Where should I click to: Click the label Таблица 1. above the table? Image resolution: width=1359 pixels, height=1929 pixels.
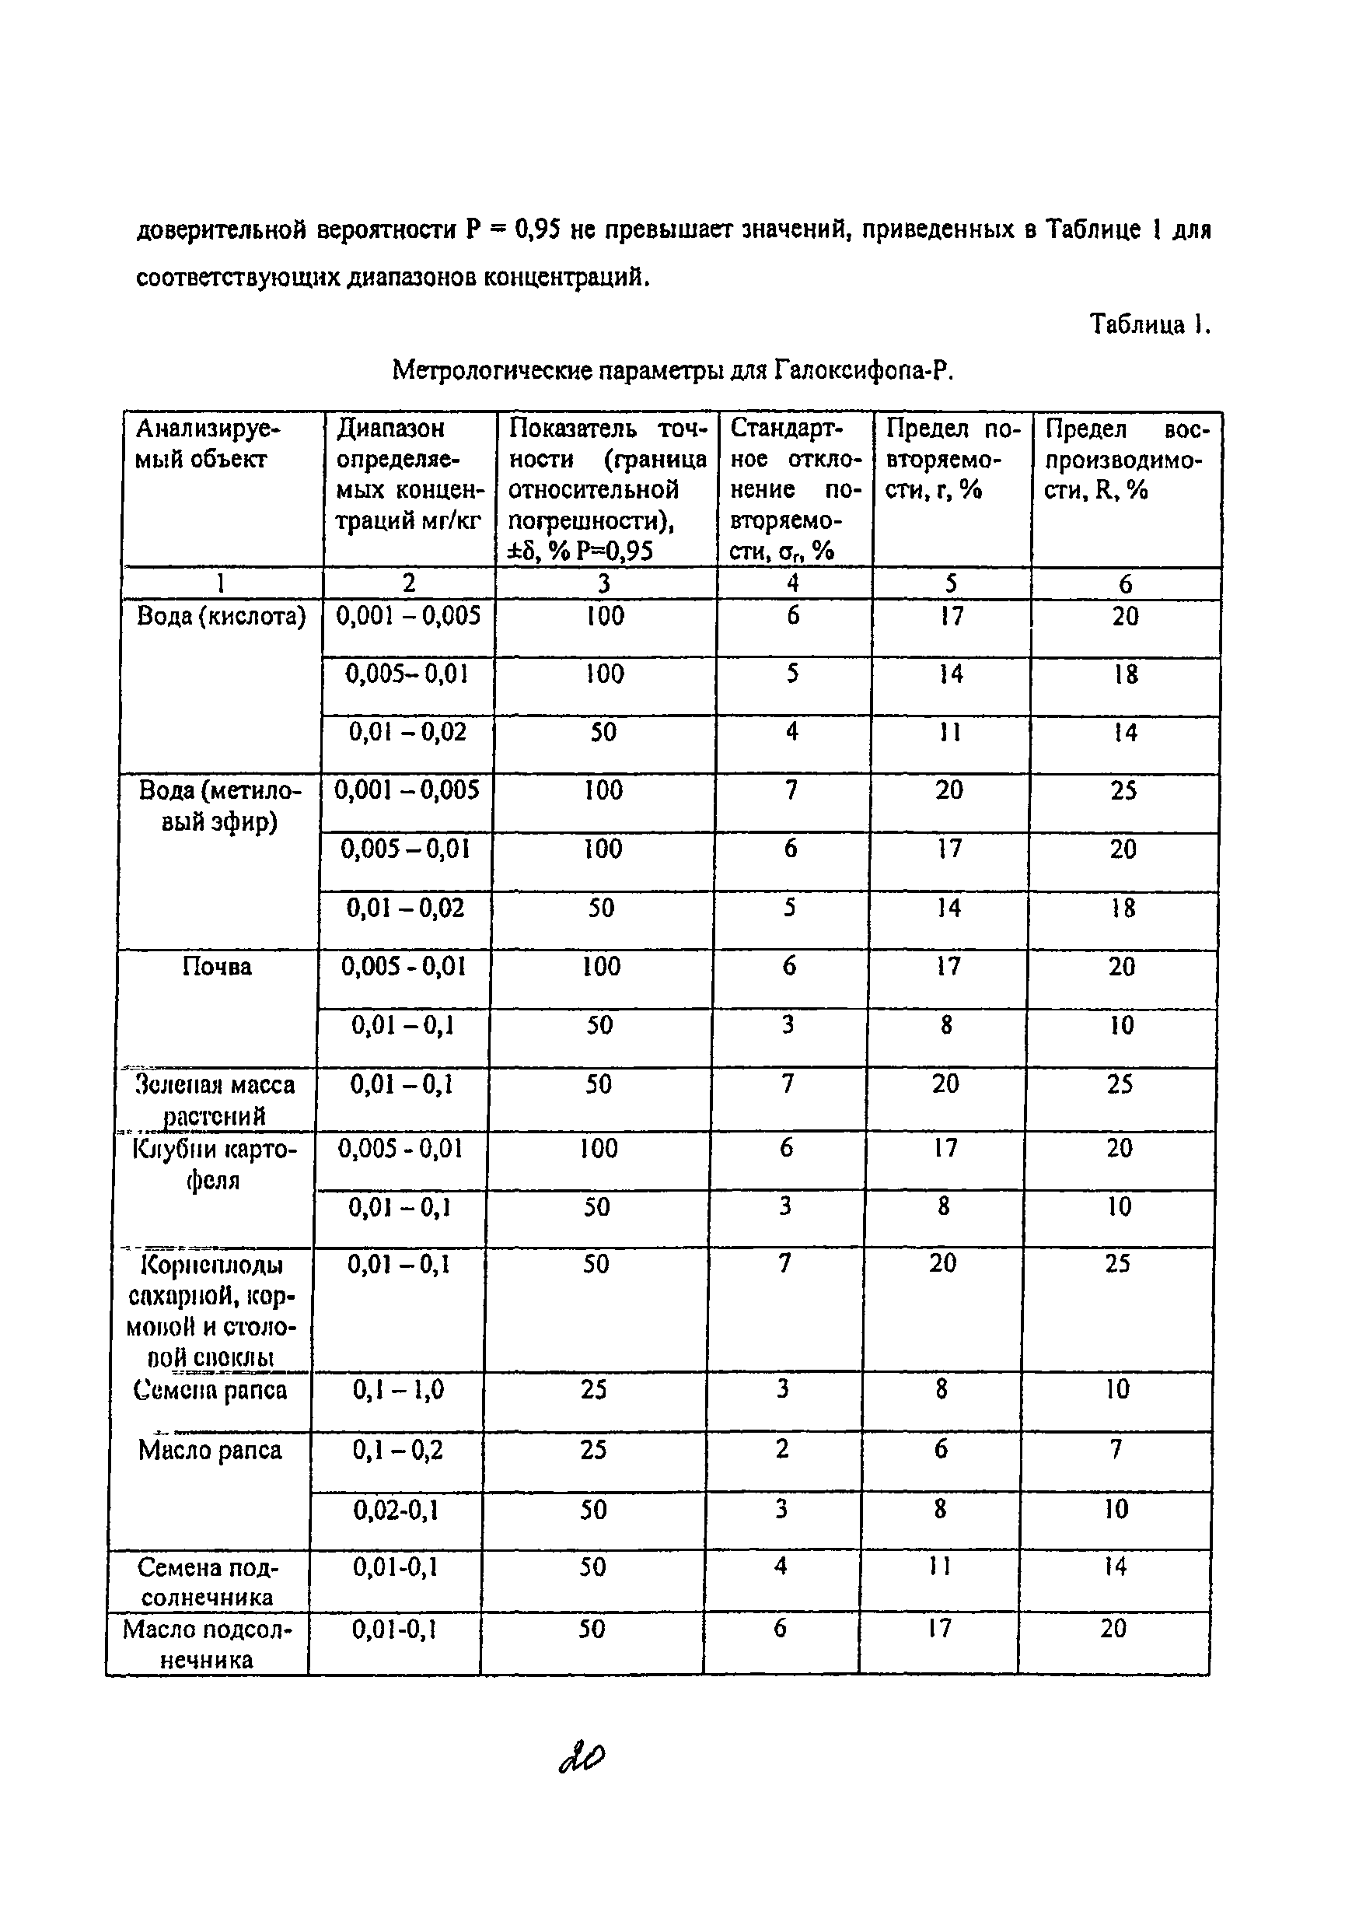(x=1149, y=324)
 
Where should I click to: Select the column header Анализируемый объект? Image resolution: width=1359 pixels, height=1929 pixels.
(x=208, y=444)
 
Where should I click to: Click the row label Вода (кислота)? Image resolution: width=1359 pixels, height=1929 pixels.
(x=221, y=617)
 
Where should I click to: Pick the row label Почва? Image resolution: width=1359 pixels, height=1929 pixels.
(x=217, y=967)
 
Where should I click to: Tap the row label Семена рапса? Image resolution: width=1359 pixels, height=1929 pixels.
(x=210, y=1391)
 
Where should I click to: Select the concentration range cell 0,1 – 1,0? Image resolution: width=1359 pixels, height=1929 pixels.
(x=398, y=1391)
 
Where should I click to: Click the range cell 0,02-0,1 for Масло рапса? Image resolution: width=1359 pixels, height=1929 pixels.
(x=396, y=1511)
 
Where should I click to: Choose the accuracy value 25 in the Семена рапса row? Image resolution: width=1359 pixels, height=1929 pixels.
(x=593, y=1390)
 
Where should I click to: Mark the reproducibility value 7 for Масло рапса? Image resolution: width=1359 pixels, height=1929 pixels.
(x=1116, y=1449)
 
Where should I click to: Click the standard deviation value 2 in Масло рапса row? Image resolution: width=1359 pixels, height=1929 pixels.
(x=782, y=1449)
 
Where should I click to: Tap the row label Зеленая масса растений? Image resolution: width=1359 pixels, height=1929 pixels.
(x=215, y=1100)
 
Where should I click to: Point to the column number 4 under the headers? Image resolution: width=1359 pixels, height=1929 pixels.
(x=792, y=583)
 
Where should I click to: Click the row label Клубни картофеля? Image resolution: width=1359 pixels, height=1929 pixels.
(x=214, y=1164)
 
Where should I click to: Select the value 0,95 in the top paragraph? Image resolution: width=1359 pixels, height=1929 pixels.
(x=537, y=229)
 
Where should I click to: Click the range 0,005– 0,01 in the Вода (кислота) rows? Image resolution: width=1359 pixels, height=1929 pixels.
(x=407, y=674)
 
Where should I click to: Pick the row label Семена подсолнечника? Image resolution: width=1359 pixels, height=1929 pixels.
(x=208, y=1582)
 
